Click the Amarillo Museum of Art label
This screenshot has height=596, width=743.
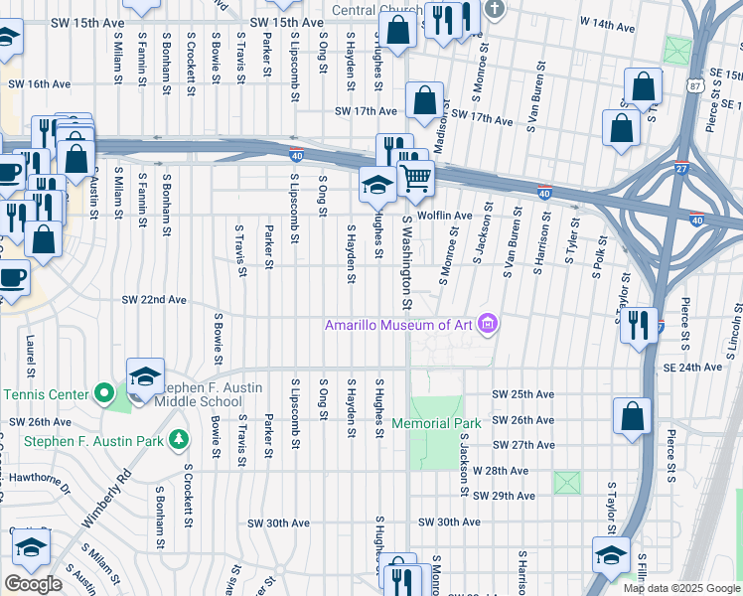(x=399, y=325)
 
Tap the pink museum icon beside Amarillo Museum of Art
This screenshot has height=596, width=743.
(x=487, y=324)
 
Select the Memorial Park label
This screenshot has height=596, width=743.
(x=436, y=423)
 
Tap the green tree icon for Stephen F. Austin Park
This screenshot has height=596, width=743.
(x=178, y=437)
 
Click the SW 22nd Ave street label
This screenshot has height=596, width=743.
(x=154, y=299)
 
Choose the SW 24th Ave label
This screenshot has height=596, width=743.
(x=691, y=367)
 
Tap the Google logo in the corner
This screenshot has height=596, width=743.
(x=33, y=584)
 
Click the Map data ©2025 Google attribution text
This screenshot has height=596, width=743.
(x=681, y=588)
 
